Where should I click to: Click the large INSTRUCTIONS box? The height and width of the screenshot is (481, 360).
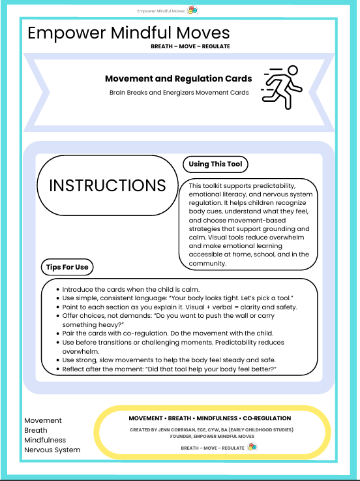coord(108,185)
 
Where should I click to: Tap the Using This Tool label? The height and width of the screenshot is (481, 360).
coord(215,164)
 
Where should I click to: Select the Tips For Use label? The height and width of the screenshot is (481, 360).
coord(67,267)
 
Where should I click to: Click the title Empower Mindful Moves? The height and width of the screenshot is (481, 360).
coord(128,33)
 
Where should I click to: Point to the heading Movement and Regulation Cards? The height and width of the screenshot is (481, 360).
coord(178,79)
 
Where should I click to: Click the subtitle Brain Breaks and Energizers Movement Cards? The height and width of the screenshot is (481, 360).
coord(179,93)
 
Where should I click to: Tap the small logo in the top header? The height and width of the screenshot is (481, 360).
coord(192,10)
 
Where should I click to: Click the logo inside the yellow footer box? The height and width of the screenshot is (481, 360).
coord(252,448)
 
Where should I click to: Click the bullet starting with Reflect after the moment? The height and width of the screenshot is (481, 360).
coord(170,369)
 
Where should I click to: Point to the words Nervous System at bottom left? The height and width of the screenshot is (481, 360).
coord(52,450)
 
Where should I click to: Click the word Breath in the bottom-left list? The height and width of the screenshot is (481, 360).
coord(35,431)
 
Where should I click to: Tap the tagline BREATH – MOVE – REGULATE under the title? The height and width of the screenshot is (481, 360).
coord(190,47)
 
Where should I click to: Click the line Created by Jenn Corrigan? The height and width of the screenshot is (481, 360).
coord(211,429)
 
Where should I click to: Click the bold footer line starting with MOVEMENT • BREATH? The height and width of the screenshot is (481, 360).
coord(210,418)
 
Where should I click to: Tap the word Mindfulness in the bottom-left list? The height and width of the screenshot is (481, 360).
coord(45,440)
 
